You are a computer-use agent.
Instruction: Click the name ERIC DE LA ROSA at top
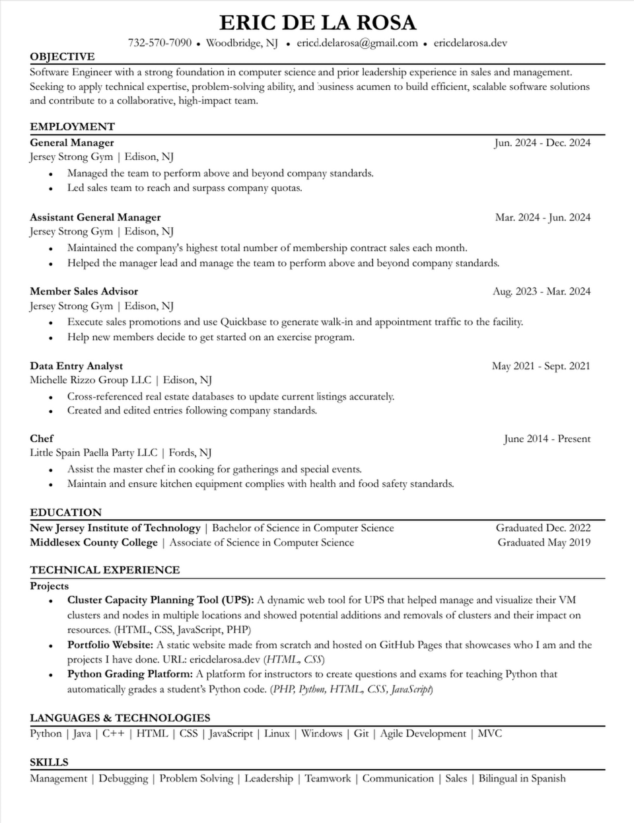click(317, 22)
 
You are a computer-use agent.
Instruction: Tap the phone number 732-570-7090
click(160, 43)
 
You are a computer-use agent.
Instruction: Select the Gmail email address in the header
click(357, 43)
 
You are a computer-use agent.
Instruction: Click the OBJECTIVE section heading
click(62, 57)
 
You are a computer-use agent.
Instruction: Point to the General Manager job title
click(72, 143)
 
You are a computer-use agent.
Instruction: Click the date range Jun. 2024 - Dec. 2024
click(542, 143)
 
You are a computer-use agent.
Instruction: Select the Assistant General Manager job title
click(95, 217)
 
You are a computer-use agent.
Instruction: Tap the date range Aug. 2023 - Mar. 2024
click(542, 291)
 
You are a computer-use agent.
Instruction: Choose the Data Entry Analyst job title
click(77, 366)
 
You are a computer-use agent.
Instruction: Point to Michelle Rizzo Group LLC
click(90, 380)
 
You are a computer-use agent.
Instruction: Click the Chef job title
click(42, 439)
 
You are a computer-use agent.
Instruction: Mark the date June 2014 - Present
click(547, 439)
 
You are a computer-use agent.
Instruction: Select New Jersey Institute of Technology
click(115, 528)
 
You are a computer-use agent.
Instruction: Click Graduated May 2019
click(544, 542)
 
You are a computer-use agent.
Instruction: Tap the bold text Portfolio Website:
click(110, 645)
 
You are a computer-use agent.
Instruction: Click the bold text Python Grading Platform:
click(130, 674)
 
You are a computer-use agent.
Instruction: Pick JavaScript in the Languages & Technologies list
click(231, 733)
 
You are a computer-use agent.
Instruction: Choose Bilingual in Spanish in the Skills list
click(522, 778)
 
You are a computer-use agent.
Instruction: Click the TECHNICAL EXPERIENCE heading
click(105, 569)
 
